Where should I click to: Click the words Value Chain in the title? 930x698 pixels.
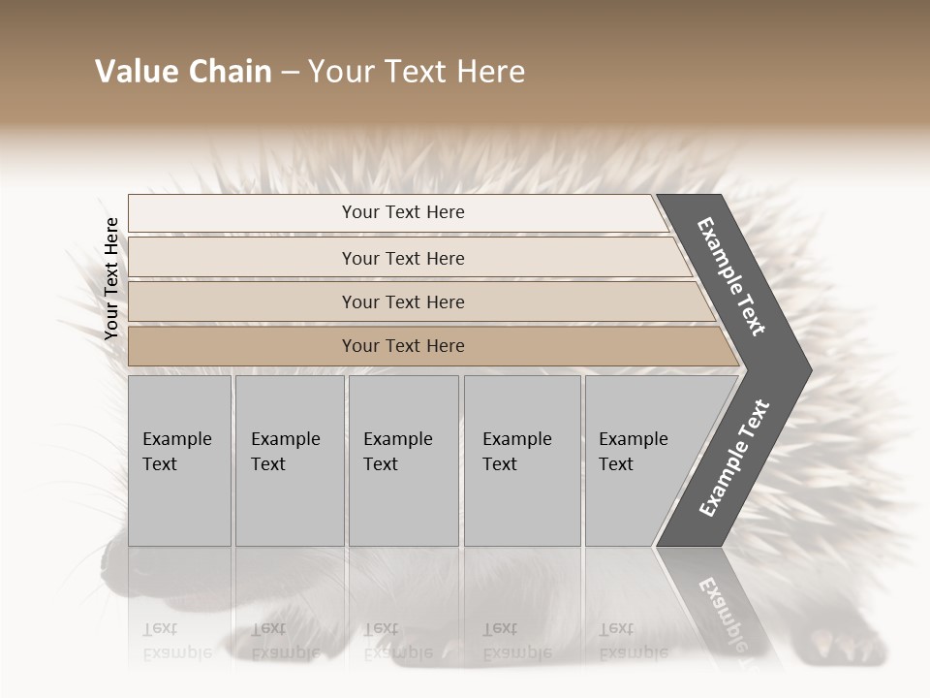[x=183, y=72]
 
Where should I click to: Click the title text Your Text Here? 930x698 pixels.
[x=417, y=72]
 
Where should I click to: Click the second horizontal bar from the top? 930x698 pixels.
[x=403, y=258]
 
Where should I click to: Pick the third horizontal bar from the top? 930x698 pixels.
[x=403, y=301]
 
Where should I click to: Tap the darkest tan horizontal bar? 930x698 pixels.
[x=403, y=346]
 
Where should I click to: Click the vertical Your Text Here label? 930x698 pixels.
[x=111, y=278]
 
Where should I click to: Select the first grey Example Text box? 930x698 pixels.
[x=179, y=460]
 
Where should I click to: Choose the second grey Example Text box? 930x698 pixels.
[x=289, y=460]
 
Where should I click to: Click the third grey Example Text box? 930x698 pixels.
[x=403, y=460]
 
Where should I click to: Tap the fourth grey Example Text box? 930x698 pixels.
[x=521, y=460]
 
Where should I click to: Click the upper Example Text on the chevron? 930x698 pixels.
[x=732, y=276]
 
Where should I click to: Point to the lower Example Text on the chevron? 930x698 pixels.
[x=734, y=458]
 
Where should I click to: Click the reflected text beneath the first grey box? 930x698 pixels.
[x=177, y=641]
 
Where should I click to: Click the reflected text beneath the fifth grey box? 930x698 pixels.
[x=633, y=641]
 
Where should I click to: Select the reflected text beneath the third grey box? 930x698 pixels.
[x=397, y=641]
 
